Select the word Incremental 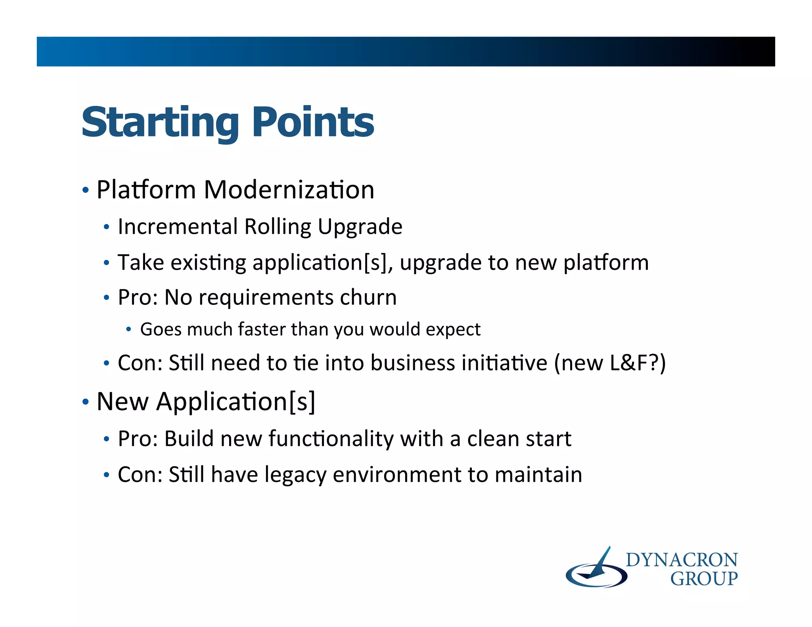tap(177, 227)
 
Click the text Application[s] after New tap(236, 402)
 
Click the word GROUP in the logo tap(703, 579)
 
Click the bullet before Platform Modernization tap(85, 190)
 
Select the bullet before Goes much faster tap(128, 329)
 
